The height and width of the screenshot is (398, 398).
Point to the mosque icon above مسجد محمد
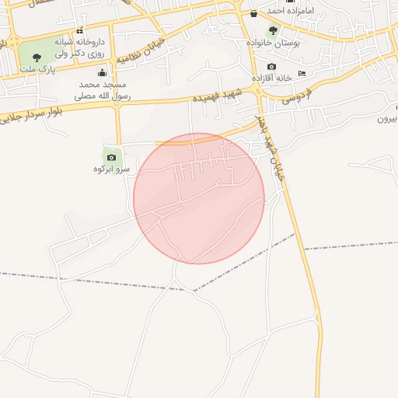pos(101,72)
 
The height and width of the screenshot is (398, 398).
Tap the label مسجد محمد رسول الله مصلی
pos(102,90)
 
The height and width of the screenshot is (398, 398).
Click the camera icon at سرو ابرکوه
pos(112,157)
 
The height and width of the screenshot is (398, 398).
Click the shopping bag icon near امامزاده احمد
pos(253,13)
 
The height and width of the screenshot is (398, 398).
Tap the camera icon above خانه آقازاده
pos(271,68)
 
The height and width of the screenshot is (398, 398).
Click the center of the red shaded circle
pos(199,198)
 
